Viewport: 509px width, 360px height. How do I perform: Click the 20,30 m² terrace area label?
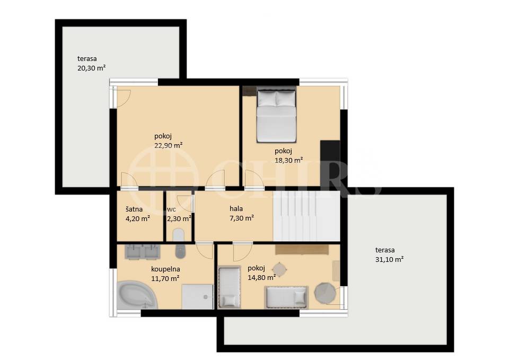(92, 68)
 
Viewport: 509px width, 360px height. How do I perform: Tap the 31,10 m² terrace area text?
(390, 259)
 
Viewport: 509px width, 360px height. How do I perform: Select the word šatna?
(134, 209)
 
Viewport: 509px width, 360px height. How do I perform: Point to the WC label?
(171, 210)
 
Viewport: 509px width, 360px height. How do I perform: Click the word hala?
(236, 209)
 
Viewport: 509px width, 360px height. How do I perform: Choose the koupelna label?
(165, 269)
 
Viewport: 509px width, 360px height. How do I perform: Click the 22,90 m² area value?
(169, 145)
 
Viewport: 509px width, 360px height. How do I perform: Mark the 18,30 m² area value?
(289, 160)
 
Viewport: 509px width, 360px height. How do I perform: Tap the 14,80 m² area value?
(261, 277)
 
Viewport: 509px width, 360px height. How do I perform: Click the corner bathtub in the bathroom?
(137, 295)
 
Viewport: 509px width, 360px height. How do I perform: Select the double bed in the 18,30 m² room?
(277, 116)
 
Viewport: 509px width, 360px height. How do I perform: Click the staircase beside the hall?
(306, 216)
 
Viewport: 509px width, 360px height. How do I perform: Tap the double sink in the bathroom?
(143, 252)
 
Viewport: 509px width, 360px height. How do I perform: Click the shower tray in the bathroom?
(197, 297)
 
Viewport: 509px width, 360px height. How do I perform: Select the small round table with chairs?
(279, 269)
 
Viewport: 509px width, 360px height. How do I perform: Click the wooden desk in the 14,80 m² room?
(302, 249)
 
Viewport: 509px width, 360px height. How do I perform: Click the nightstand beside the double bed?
(249, 91)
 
